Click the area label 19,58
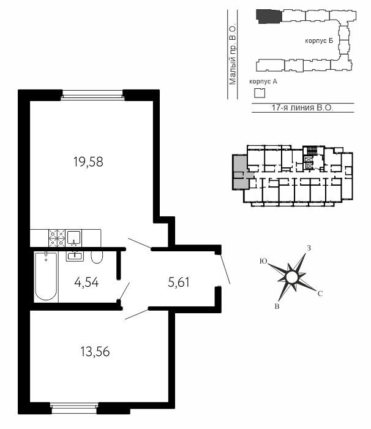[88, 162]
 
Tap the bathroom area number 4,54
[86, 282]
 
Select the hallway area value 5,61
[179, 282]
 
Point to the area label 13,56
[95, 352]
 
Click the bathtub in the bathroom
[46, 277]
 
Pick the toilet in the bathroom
[97, 257]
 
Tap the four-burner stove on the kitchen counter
[57, 238]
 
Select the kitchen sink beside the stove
[74, 238]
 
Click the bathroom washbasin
[75, 256]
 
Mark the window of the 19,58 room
[92, 95]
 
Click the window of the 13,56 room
[74, 408]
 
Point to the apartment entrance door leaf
[225, 269]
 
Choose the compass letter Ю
[263, 261]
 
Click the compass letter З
[309, 248]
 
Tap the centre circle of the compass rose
[291, 277]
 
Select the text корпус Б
[319, 41]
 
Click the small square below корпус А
[260, 93]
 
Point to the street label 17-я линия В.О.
[302, 107]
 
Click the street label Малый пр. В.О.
[233, 55]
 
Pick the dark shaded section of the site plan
[268, 17]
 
